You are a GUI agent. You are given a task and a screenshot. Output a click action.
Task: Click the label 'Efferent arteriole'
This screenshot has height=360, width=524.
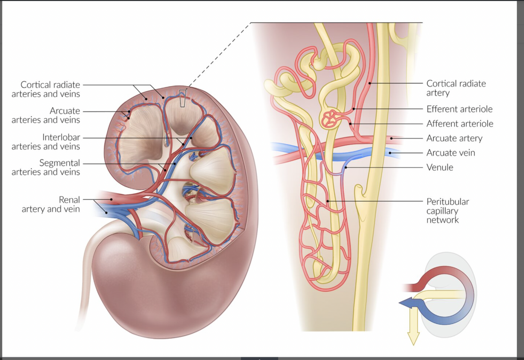tap(459, 109)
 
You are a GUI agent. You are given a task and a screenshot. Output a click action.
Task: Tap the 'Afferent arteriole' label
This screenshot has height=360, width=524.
tap(460, 124)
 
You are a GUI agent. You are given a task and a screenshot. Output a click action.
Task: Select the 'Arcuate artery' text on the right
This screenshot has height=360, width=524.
tap(454, 138)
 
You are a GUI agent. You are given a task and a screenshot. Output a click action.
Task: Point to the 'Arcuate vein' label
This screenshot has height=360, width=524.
tap(451, 153)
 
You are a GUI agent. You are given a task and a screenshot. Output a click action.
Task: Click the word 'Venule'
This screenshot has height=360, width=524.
tap(440, 167)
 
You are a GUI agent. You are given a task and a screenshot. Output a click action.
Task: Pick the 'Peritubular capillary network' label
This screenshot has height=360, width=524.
tap(447, 211)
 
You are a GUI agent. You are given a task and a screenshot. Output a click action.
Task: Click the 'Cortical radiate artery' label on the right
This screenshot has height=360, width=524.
tap(456, 88)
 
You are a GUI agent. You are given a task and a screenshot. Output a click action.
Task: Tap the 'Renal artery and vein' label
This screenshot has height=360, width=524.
tap(51, 205)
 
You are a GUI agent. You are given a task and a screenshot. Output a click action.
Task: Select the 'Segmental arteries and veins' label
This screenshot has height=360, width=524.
tap(46, 167)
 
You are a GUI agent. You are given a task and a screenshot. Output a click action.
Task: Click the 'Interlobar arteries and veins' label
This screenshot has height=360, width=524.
tap(46, 142)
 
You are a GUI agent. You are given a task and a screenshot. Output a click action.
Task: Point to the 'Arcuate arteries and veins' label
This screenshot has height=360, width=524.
tap(46, 115)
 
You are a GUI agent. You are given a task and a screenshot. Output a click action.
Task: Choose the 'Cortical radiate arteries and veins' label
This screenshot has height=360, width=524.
tap(46, 89)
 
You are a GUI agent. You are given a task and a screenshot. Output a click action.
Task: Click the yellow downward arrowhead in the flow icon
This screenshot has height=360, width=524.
tap(413, 338)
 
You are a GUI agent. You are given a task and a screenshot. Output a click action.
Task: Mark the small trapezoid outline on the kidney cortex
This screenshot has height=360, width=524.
tap(182, 98)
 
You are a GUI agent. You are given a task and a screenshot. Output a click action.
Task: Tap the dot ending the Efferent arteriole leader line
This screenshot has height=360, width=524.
tap(354, 109)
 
